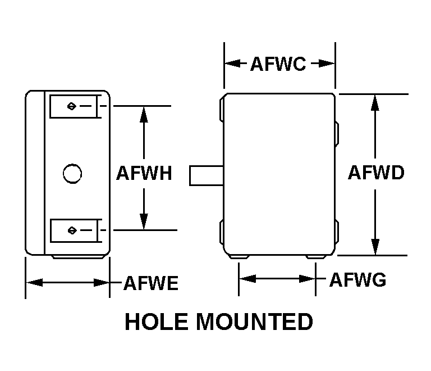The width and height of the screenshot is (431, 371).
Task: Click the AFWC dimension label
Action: (278, 64)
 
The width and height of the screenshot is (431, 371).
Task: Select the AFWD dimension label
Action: (375, 173)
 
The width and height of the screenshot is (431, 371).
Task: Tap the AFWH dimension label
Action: (144, 173)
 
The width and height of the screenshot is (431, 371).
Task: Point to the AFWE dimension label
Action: (150, 283)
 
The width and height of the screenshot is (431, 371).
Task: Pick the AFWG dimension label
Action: (357, 279)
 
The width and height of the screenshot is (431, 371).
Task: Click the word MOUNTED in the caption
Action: (253, 322)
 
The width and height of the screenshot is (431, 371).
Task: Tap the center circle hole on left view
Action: (72, 173)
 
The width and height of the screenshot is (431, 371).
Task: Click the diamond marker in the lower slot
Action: (71, 230)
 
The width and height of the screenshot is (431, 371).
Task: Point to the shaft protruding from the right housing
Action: (207, 175)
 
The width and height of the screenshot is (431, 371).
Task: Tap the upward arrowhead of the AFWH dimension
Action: (144, 112)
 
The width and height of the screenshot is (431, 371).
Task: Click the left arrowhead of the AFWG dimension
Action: (245, 279)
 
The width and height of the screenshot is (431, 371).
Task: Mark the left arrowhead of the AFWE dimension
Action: (33, 282)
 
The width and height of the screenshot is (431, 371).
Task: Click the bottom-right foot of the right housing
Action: (318, 257)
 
